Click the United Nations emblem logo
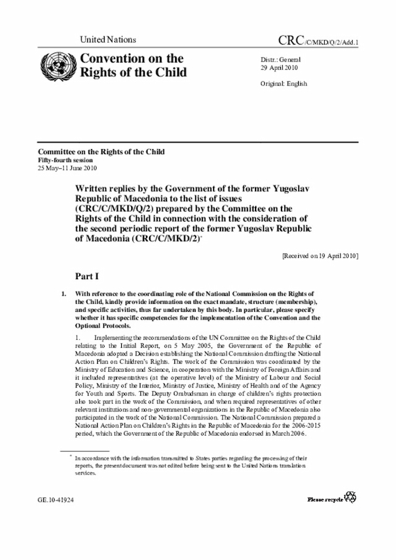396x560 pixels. pyautogui.click(x=56, y=66)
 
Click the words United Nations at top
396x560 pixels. pyautogui.click(x=108, y=40)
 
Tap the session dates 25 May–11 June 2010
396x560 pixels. pyautogui.click(x=67, y=168)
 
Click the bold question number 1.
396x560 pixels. pyautogui.click(x=64, y=293)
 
